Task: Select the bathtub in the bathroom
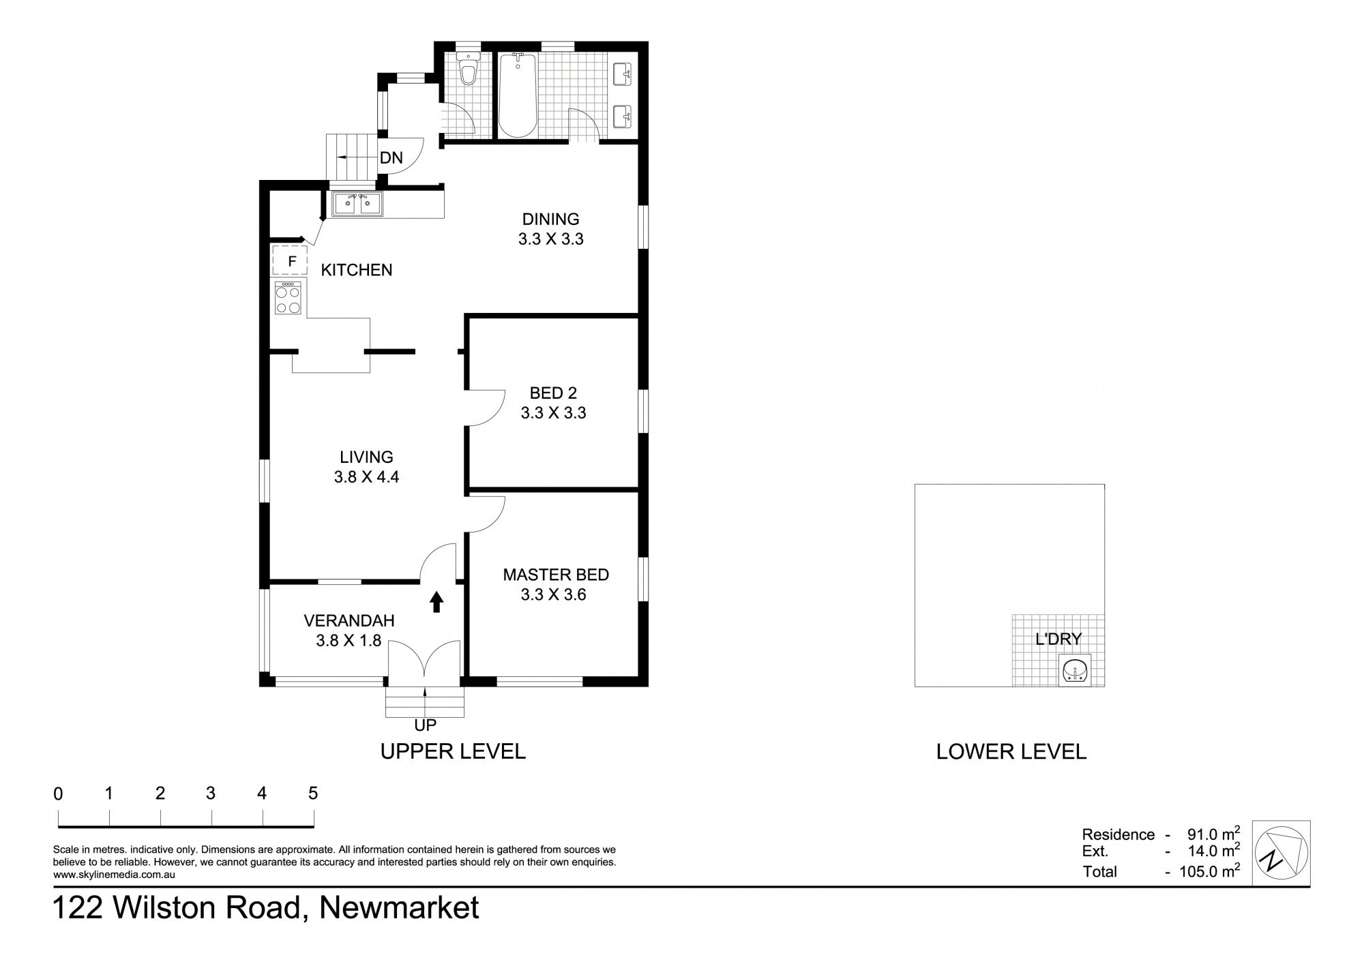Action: coord(518,95)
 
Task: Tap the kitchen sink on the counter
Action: coord(357,204)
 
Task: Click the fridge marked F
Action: coord(291,260)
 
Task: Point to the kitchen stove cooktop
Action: coord(288,298)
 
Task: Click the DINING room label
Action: coord(550,219)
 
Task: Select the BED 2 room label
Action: coord(553,393)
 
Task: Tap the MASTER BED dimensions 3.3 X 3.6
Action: coord(553,594)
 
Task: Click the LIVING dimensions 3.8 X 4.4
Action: coord(366,477)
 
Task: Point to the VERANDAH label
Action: coord(349,620)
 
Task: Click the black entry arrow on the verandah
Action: coord(436,601)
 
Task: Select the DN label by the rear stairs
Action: coord(391,158)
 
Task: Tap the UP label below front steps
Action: coord(425,725)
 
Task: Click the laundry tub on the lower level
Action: coord(1075,669)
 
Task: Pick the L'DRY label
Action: coord(1058,639)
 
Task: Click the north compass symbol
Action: coord(1281,853)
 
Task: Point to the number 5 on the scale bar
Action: coord(313,793)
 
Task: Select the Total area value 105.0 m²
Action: coord(1209,871)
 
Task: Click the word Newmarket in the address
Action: coord(399,908)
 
